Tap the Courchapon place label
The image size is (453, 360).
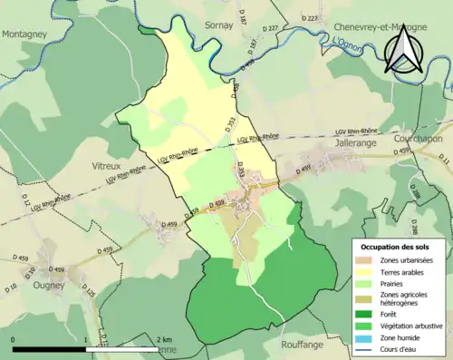pyautogui.click(x=418, y=139)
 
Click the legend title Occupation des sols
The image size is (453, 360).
pyautogui.click(x=396, y=248)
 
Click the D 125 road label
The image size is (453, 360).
pyautogui.click(x=89, y=292)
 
